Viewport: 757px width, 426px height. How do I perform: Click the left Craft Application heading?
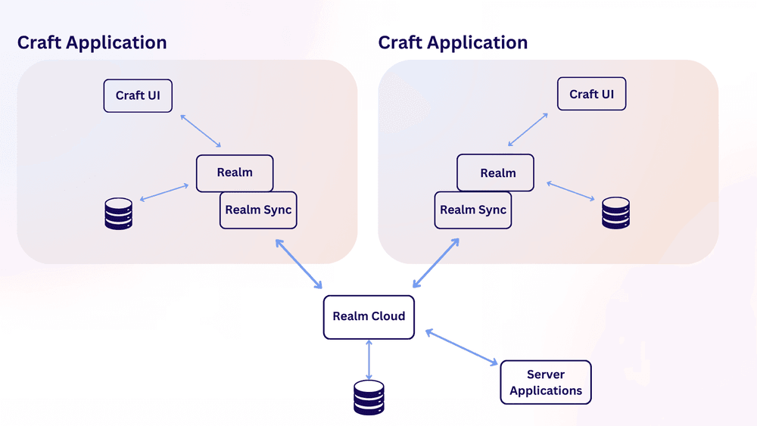(92, 43)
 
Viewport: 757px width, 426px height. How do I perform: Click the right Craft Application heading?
(453, 43)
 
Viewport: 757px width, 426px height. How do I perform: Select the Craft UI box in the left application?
(138, 95)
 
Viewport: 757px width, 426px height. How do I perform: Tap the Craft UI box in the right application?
(591, 94)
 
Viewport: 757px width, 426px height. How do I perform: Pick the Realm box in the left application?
(235, 173)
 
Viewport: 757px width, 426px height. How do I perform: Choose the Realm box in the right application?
(495, 173)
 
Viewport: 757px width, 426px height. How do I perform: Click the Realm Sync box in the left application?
(258, 210)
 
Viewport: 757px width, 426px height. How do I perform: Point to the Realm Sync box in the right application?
(473, 210)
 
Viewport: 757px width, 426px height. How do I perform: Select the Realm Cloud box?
(369, 317)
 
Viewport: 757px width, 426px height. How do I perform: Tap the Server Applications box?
(546, 382)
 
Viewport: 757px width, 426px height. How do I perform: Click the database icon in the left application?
(119, 213)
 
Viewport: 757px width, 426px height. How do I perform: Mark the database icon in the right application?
(615, 213)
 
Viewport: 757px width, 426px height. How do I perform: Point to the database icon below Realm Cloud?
(369, 397)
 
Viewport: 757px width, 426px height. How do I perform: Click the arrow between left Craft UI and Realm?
(201, 131)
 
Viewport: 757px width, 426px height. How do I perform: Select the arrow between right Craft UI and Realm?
(528, 129)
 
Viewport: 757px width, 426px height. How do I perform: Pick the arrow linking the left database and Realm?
(164, 192)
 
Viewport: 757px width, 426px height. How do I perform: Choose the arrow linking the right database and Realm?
(571, 191)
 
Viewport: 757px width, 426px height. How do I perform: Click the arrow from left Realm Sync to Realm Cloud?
(299, 264)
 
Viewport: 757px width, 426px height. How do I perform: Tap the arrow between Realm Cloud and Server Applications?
(462, 347)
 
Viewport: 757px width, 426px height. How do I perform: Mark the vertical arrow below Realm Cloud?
(369, 359)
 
